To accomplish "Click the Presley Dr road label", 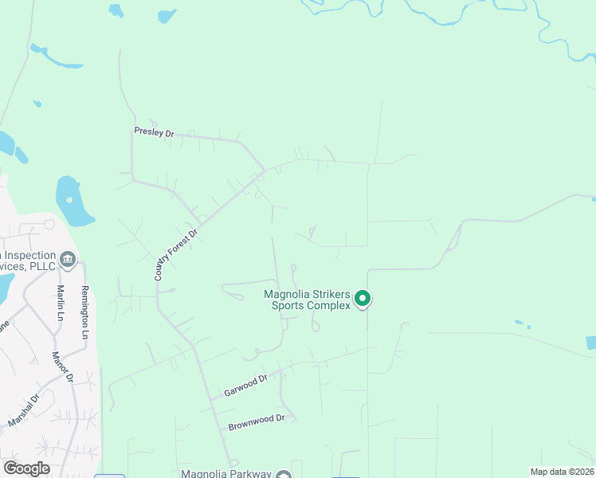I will pos(154,133).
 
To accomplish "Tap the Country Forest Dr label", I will pos(175,251).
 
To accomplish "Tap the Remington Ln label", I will pos(84,312).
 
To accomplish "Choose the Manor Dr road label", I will pos(62,366).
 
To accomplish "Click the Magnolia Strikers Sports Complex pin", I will pos(363,299).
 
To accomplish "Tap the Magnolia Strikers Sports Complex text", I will pos(307,300).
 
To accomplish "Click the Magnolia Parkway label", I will pos(227,474).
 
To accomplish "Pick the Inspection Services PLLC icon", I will pos(68,257).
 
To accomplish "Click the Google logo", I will pos(26,468).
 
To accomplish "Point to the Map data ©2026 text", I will pos(562,472).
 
